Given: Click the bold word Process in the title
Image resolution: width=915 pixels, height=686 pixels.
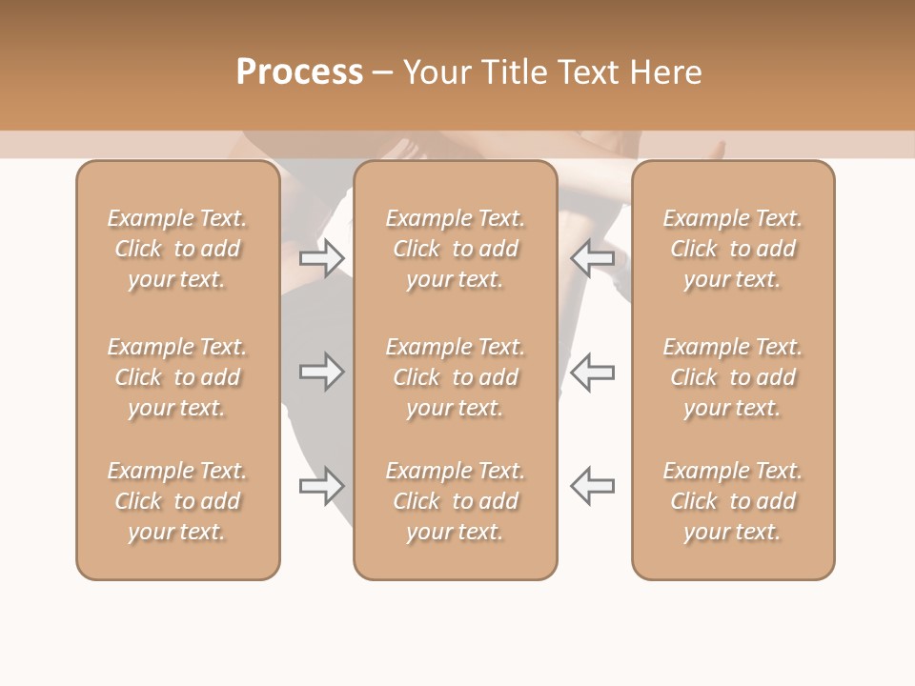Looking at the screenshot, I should point(299,72).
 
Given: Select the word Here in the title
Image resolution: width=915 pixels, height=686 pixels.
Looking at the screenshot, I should point(668,72).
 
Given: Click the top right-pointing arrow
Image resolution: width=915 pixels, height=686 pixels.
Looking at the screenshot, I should point(322,258).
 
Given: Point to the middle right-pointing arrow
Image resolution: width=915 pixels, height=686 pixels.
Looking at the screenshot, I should point(322,372).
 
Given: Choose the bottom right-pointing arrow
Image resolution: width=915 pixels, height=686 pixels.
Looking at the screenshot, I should point(322,485).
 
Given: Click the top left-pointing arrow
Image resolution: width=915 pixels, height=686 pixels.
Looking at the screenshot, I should point(592,258).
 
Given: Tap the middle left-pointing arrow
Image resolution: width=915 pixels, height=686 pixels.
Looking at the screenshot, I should point(592,372).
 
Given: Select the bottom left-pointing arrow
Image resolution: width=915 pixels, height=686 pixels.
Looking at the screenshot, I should point(592,485).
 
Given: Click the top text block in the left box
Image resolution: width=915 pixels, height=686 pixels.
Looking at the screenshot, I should point(177,249).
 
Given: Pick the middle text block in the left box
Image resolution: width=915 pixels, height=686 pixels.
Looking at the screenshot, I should point(177,377).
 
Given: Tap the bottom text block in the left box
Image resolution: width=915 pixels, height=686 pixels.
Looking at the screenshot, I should point(177,501).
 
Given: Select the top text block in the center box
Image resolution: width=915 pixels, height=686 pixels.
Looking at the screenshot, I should point(456,249).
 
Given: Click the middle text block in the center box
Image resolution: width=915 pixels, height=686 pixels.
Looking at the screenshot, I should point(456,377).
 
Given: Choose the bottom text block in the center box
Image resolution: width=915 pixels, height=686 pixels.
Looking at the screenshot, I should point(456,501).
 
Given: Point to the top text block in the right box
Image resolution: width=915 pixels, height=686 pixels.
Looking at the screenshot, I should point(733,249).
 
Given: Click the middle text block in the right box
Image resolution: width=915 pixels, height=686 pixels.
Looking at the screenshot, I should point(733,377).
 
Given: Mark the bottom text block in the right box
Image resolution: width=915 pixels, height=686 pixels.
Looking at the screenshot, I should point(733,501).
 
